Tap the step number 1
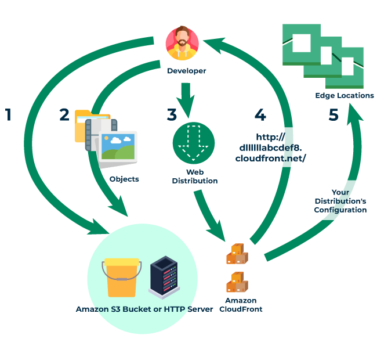click(8, 114)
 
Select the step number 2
click(64, 114)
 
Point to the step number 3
click(172, 114)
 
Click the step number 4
click(260, 114)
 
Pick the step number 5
click(333, 114)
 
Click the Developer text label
click(186, 71)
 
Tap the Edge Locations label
click(345, 96)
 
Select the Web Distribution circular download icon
click(194, 143)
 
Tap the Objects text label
click(124, 179)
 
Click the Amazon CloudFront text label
click(241, 305)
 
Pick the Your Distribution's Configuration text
click(340, 201)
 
